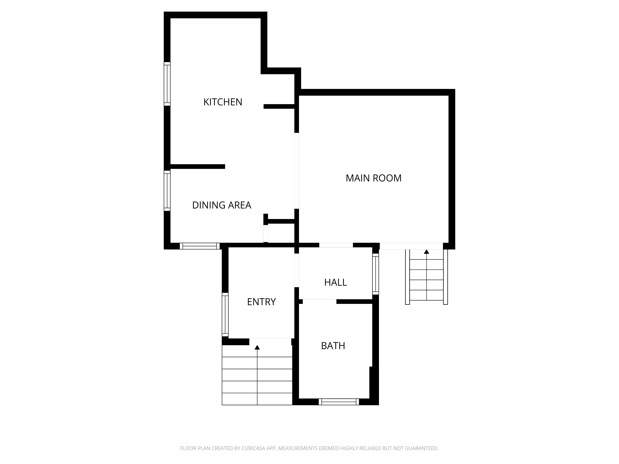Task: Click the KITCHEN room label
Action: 223,102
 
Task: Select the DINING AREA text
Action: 222,205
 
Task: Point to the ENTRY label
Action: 261,302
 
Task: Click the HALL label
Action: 335,282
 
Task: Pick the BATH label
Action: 333,346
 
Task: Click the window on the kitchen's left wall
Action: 167,84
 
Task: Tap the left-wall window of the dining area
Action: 167,191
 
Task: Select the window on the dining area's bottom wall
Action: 199,246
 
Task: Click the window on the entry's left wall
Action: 225,314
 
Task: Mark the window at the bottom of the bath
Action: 339,402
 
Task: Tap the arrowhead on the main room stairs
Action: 426,252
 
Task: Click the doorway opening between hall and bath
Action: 319,301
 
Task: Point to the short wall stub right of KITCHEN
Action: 279,106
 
